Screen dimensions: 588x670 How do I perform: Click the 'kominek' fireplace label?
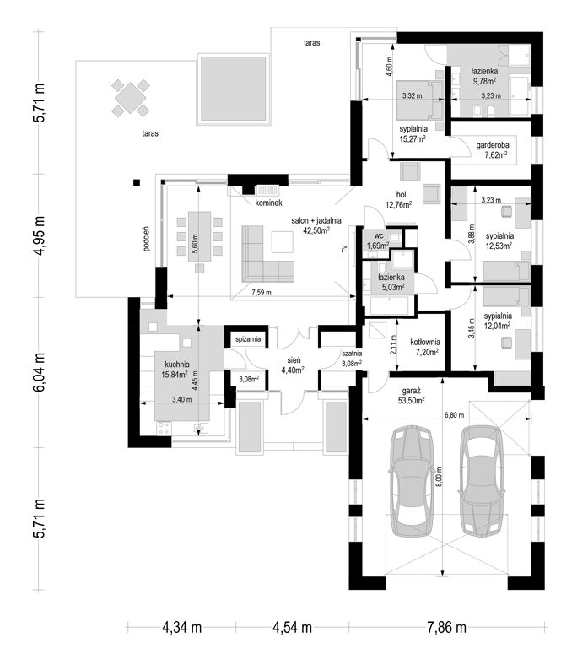[269, 203]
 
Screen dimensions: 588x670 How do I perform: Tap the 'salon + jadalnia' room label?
[316, 221]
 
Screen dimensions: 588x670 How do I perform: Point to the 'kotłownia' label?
[425, 343]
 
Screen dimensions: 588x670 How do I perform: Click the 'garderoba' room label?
[493, 145]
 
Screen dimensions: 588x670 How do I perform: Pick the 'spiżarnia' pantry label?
[248, 339]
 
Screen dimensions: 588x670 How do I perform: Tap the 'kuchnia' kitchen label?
[177, 365]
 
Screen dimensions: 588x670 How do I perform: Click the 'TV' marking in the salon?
[344, 250]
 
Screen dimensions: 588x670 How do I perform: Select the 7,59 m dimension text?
[261, 293]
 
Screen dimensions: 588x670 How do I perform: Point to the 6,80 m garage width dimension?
[454, 415]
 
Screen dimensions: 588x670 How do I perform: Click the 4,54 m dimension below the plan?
[292, 628]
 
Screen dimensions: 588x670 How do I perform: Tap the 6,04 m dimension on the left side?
[39, 372]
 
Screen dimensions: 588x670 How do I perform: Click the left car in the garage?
[411, 480]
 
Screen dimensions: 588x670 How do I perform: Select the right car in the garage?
[482, 480]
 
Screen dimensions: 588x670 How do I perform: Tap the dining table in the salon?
[199, 236]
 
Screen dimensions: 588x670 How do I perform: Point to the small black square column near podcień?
[137, 182]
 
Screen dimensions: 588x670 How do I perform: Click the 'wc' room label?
[379, 236]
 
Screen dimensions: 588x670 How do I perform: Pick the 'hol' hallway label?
[401, 195]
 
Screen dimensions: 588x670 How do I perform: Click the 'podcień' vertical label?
[147, 239]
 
